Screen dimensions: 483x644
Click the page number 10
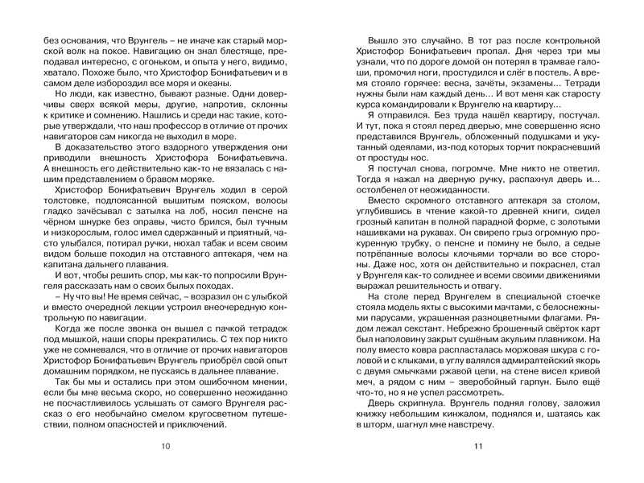point(166,447)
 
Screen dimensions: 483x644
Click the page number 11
point(477,447)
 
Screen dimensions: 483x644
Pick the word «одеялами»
point(398,155)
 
